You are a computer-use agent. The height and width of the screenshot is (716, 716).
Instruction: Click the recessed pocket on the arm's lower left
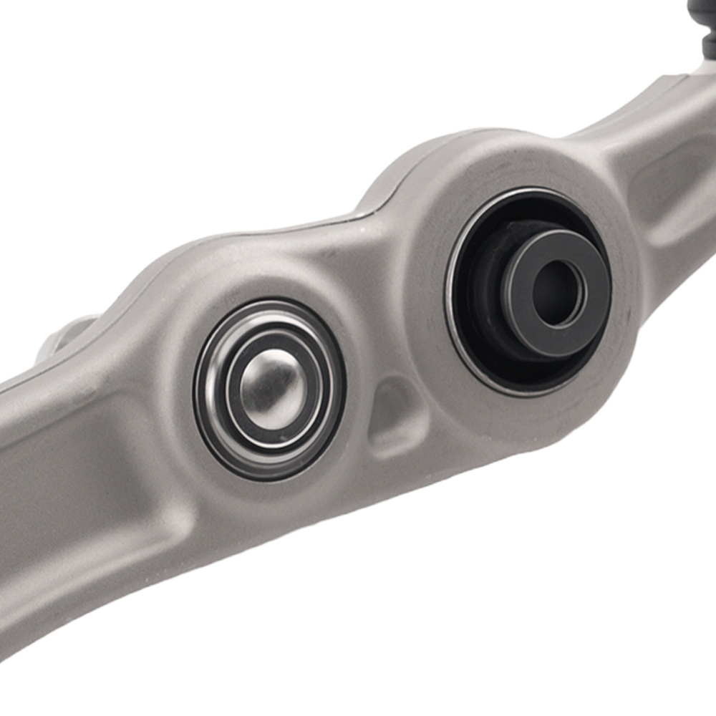point(64,458)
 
